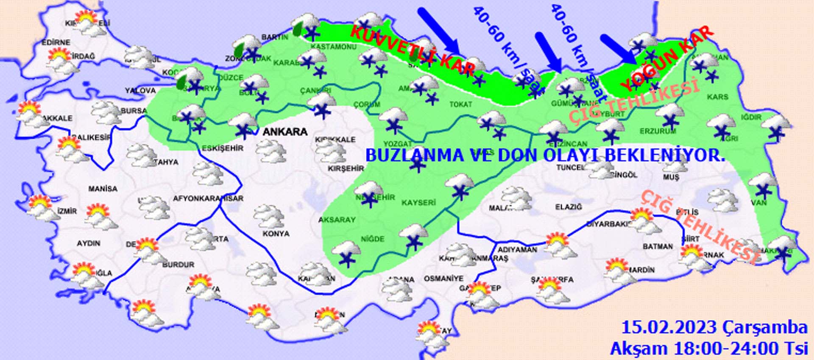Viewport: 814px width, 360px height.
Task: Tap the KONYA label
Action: click(x=276, y=234)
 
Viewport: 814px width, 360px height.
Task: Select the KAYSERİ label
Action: click(x=418, y=203)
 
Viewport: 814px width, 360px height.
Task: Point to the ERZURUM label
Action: click(x=658, y=131)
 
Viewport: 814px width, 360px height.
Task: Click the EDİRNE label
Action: click(x=56, y=43)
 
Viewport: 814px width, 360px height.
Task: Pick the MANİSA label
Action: click(x=103, y=189)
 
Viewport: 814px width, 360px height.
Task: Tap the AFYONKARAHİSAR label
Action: click(x=208, y=198)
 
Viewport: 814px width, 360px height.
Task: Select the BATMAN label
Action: click(x=658, y=246)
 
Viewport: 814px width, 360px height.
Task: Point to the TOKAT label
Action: click(x=460, y=104)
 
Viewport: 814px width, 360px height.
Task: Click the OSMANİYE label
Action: click(x=444, y=279)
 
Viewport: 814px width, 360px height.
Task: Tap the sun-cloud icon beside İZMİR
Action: click(x=42, y=207)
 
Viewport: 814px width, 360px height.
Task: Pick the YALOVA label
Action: click(x=140, y=91)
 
